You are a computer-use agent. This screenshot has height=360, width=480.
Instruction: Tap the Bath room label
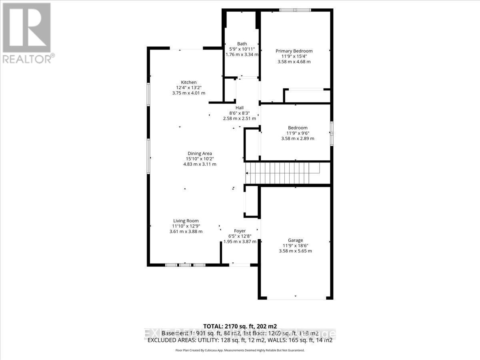tap(242, 44)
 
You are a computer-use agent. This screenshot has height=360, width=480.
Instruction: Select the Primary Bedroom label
tap(294, 51)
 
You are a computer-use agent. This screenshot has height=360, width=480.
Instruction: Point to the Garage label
tap(295, 240)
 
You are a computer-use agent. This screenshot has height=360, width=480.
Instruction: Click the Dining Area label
tap(200, 153)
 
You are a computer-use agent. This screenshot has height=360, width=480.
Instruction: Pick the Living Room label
tap(186, 221)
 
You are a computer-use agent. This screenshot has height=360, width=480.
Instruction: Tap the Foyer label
tap(240, 231)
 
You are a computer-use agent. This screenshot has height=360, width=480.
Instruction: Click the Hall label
tap(239, 108)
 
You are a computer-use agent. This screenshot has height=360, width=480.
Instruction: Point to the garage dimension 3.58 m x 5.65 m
tap(295, 251)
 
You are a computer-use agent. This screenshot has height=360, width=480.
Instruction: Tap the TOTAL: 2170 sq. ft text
tap(240, 326)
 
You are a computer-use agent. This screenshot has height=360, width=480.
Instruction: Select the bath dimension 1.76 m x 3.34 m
tap(242, 55)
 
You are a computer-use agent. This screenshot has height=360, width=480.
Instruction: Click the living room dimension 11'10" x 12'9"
tap(186, 226)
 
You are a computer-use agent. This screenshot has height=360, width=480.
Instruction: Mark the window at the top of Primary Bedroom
tap(295, 10)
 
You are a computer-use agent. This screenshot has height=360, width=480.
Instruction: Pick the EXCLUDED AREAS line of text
tap(240, 340)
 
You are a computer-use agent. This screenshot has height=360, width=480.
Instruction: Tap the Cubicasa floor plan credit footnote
tap(240, 350)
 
